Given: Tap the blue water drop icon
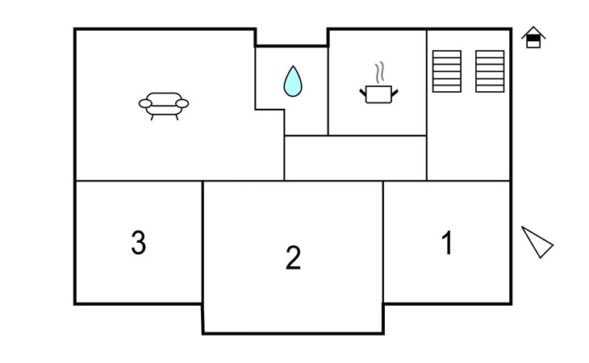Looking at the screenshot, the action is (293, 81).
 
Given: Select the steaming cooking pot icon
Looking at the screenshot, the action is (378, 82).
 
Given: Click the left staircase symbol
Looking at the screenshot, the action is (447, 71).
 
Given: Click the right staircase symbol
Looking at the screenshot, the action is (490, 71).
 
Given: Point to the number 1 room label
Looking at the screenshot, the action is (447, 243).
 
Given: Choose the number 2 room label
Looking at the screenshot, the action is (293, 257).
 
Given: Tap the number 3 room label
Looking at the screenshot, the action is (138, 243).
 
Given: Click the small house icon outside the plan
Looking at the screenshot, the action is (533, 37).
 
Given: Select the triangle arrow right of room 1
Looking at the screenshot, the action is (537, 242).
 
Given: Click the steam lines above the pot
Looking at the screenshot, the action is (380, 72).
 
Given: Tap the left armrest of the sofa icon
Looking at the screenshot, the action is (145, 103).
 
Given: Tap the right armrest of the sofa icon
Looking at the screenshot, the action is (182, 103).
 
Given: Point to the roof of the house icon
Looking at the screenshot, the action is (533, 31).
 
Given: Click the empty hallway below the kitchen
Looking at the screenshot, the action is (355, 158).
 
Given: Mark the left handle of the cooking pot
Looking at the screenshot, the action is (363, 92).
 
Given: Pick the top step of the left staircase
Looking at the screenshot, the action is (447, 54).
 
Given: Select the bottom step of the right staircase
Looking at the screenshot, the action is (490, 89).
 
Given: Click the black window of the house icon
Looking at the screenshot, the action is (533, 38).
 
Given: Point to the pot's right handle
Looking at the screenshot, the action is (395, 92).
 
